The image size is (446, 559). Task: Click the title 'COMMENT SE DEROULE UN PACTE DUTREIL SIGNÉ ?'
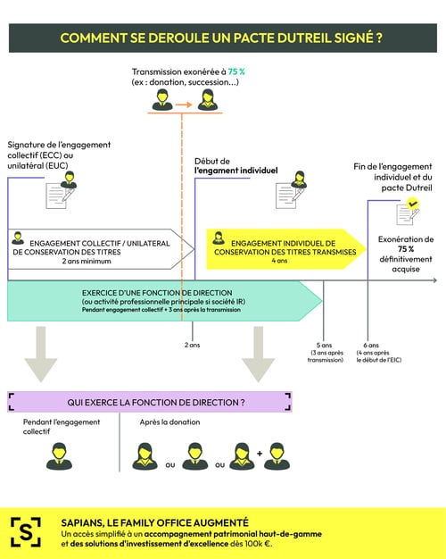coord(222,38)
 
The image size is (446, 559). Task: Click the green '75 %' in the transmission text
coord(235,71)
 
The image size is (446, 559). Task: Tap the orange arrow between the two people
coord(183,104)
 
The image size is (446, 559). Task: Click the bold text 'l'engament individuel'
coord(236,170)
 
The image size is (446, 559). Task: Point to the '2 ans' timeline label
coord(192,344)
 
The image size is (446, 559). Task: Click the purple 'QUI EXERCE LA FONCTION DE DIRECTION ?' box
coord(150,402)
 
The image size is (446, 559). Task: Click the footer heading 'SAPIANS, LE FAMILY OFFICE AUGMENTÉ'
coord(154,521)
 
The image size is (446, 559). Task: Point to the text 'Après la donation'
coord(169,422)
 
